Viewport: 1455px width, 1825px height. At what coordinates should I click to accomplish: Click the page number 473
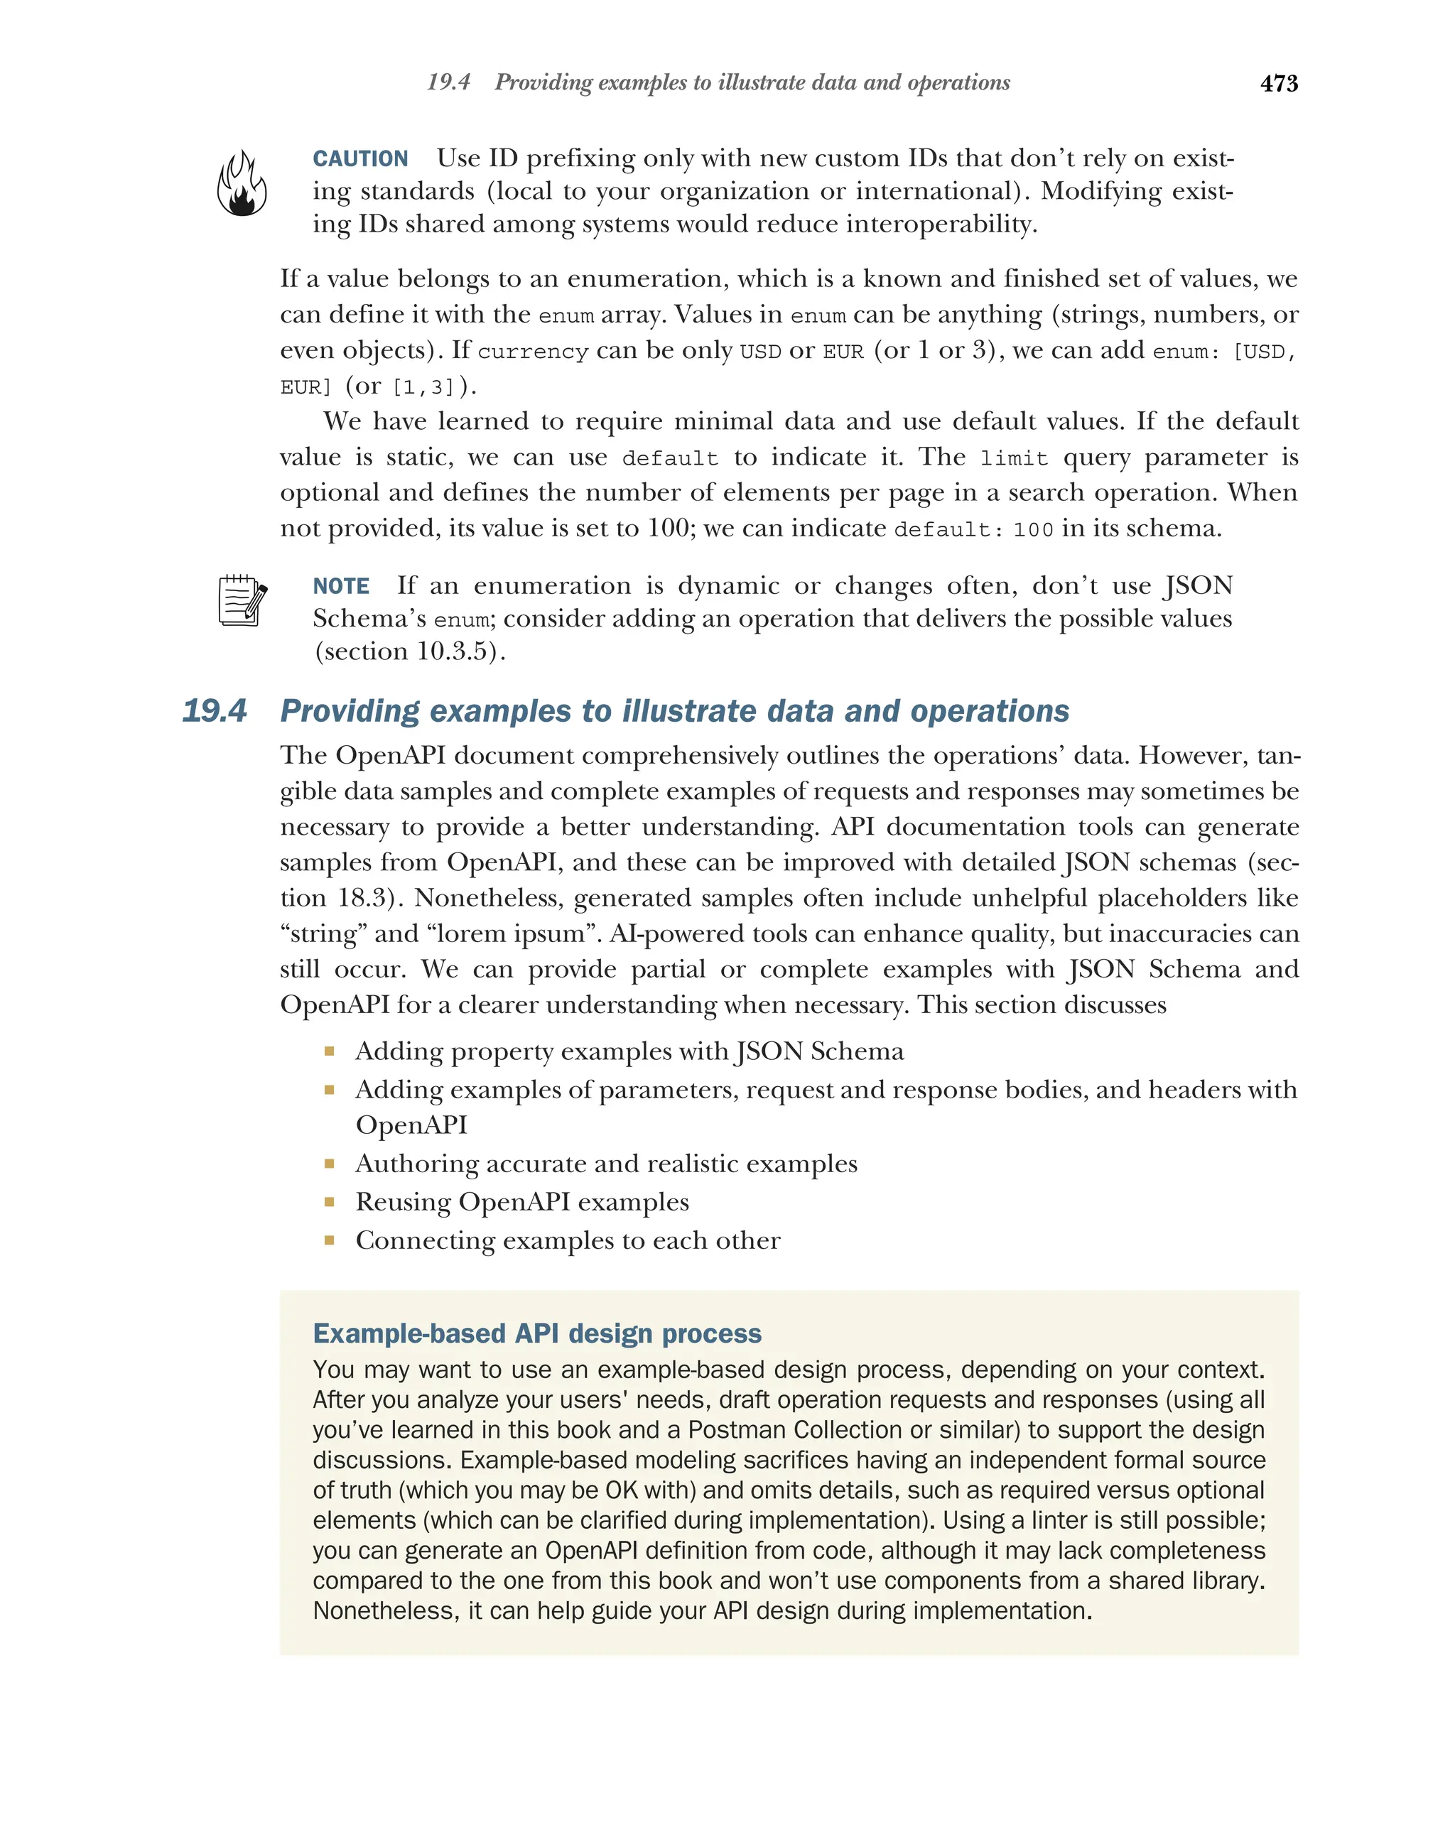(1278, 83)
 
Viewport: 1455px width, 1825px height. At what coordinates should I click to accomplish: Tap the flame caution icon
(242, 184)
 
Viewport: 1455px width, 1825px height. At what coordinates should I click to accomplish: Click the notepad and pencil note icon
(242, 600)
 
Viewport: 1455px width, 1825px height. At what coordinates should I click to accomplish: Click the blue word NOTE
(340, 586)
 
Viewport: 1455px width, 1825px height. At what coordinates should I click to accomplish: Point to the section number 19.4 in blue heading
(214, 710)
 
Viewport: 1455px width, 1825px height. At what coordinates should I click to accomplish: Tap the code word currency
(532, 351)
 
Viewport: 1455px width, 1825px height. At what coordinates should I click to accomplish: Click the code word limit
(1013, 459)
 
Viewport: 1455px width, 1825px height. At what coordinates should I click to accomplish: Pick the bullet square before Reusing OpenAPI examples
(329, 1202)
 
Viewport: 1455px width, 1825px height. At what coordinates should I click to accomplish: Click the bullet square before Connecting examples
(329, 1240)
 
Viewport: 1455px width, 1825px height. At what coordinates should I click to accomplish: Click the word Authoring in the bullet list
(406, 1164)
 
